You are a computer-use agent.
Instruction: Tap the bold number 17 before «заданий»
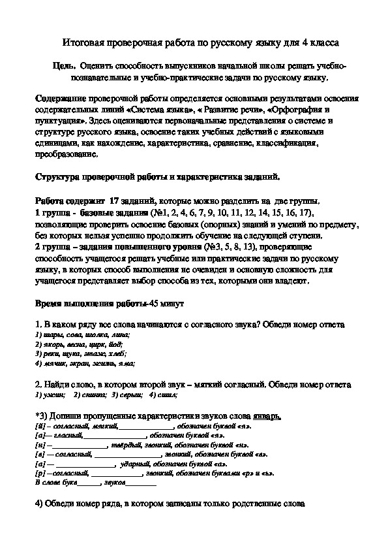click(115, 201)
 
